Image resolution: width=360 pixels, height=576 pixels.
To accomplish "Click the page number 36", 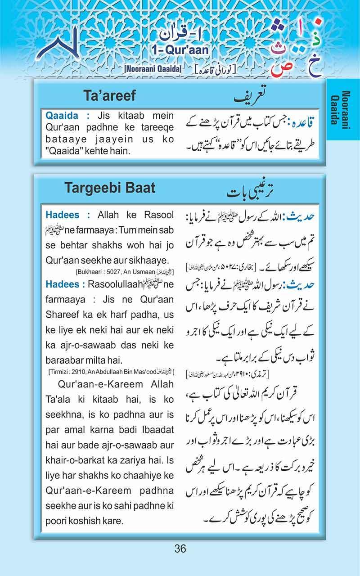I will [x=180, y=549].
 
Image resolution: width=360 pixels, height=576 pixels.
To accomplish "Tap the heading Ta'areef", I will [x=109, y=96].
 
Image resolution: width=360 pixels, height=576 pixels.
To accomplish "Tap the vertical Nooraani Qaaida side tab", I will [x=343, y=109].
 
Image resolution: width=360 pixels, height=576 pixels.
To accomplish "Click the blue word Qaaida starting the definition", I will [x=61, y=115].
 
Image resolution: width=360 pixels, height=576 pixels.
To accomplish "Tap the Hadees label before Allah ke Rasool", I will [x=62, y=215].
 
